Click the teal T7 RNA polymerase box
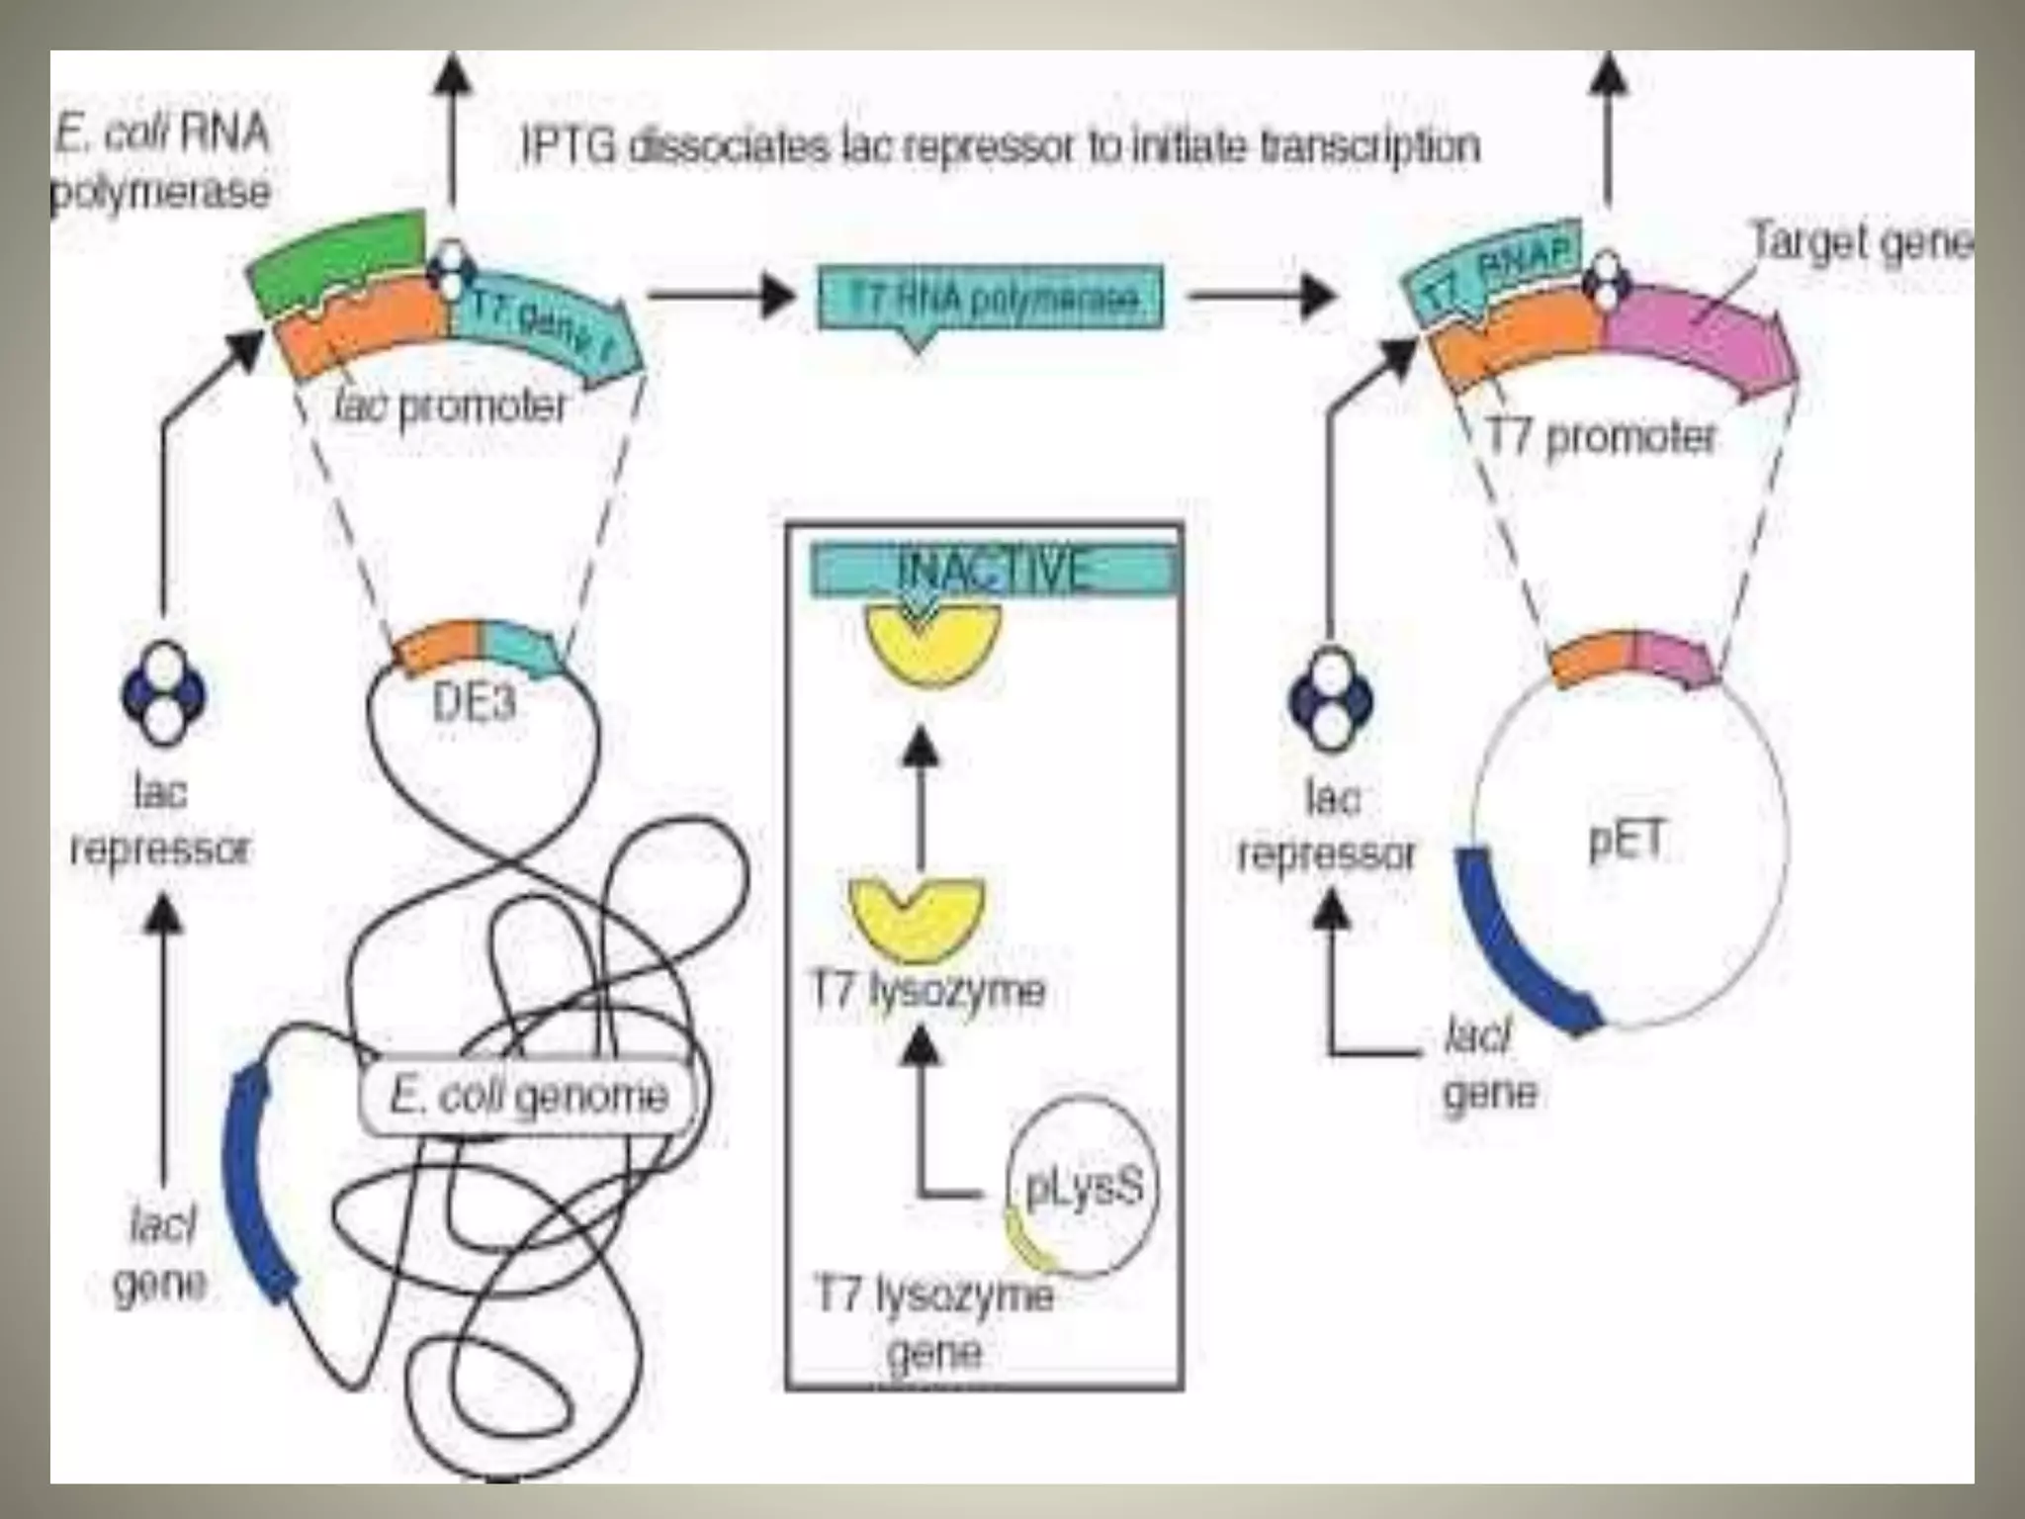(991, 298)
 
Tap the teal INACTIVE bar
(995, 573)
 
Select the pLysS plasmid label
(1085, 1186)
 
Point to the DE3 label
(475, 703)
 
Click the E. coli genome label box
(529, 1096)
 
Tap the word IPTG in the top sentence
(569, 147)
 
